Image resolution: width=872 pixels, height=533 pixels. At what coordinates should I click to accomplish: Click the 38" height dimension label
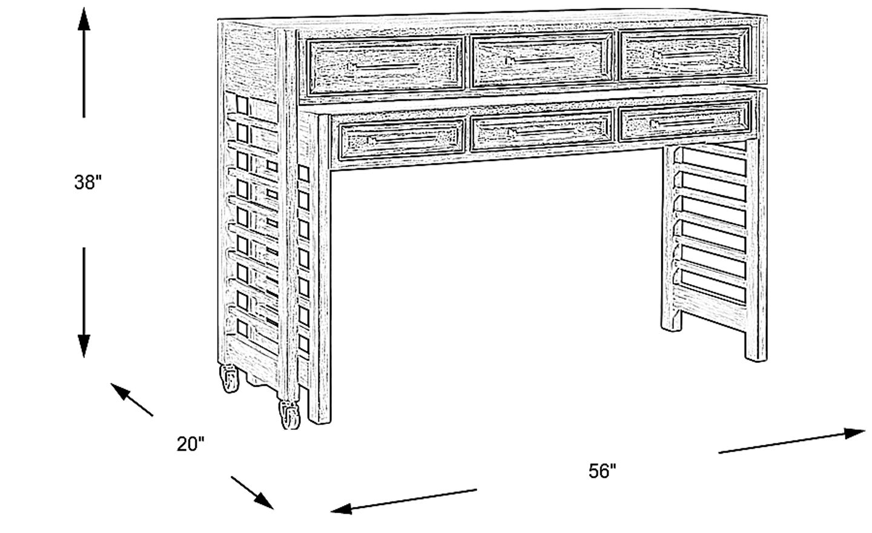click(x=88, y=182)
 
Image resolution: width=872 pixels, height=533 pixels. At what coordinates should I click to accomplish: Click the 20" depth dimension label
click(x=190, y=444)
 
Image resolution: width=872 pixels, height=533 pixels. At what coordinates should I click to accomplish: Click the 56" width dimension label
click(x=602, y=471)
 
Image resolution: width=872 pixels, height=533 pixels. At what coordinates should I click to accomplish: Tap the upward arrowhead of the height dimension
click(x=84, y=19)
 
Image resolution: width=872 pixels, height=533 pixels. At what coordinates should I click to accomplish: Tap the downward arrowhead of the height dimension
click(x=84, y=346)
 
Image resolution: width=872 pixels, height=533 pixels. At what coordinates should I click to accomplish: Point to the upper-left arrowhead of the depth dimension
click(x=121, y=391)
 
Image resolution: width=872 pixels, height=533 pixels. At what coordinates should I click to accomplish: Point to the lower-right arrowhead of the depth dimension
click(x=264, y=501)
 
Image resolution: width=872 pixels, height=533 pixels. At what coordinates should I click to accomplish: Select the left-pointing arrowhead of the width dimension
click(x=342, y=508)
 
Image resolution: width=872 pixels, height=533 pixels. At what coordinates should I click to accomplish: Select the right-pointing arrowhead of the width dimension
click(x=854, y=433)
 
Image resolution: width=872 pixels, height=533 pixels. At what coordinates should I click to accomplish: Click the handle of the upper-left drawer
click(x=383, y=66)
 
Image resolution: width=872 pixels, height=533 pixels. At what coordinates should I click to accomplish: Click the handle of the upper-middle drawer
click(x=541, y=61)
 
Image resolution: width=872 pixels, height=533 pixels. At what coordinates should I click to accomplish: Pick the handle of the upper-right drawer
click(x=687, y=55)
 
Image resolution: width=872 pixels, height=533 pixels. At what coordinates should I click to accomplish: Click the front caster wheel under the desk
click(x=289, y=415)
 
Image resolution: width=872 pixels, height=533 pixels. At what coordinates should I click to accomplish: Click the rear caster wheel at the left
click(x=230, y=379)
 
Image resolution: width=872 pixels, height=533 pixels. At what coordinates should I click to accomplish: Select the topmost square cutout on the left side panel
click(x=242, y=105)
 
